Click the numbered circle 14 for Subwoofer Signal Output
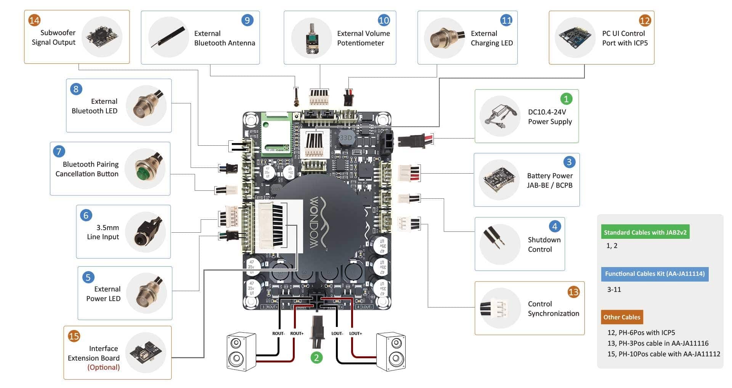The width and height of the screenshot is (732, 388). (x=34, y=20)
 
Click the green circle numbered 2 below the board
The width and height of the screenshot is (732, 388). (x=316, y=357)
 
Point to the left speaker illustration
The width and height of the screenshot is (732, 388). (x=241, y=352)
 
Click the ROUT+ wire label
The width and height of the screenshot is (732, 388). (x=297, y=333)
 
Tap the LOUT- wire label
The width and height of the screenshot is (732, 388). (x=337, y=333)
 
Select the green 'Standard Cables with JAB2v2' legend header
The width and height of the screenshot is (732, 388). (x=645, y=232)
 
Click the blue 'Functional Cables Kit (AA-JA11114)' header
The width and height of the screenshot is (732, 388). (x=655, y=274)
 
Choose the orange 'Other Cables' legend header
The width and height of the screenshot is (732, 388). (x=622, y=317)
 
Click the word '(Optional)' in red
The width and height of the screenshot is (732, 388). (x=103, y=367)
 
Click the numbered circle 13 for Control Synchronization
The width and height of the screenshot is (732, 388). (x=573, y=292)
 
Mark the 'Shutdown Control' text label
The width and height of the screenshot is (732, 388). (x=544, y=245)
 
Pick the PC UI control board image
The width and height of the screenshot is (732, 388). (x=575, y=37)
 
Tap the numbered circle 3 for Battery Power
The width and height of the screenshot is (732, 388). (x=569, y=162)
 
